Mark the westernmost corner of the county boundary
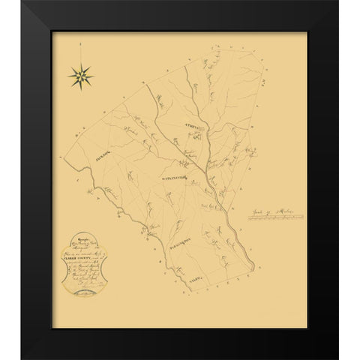[64, 160]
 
